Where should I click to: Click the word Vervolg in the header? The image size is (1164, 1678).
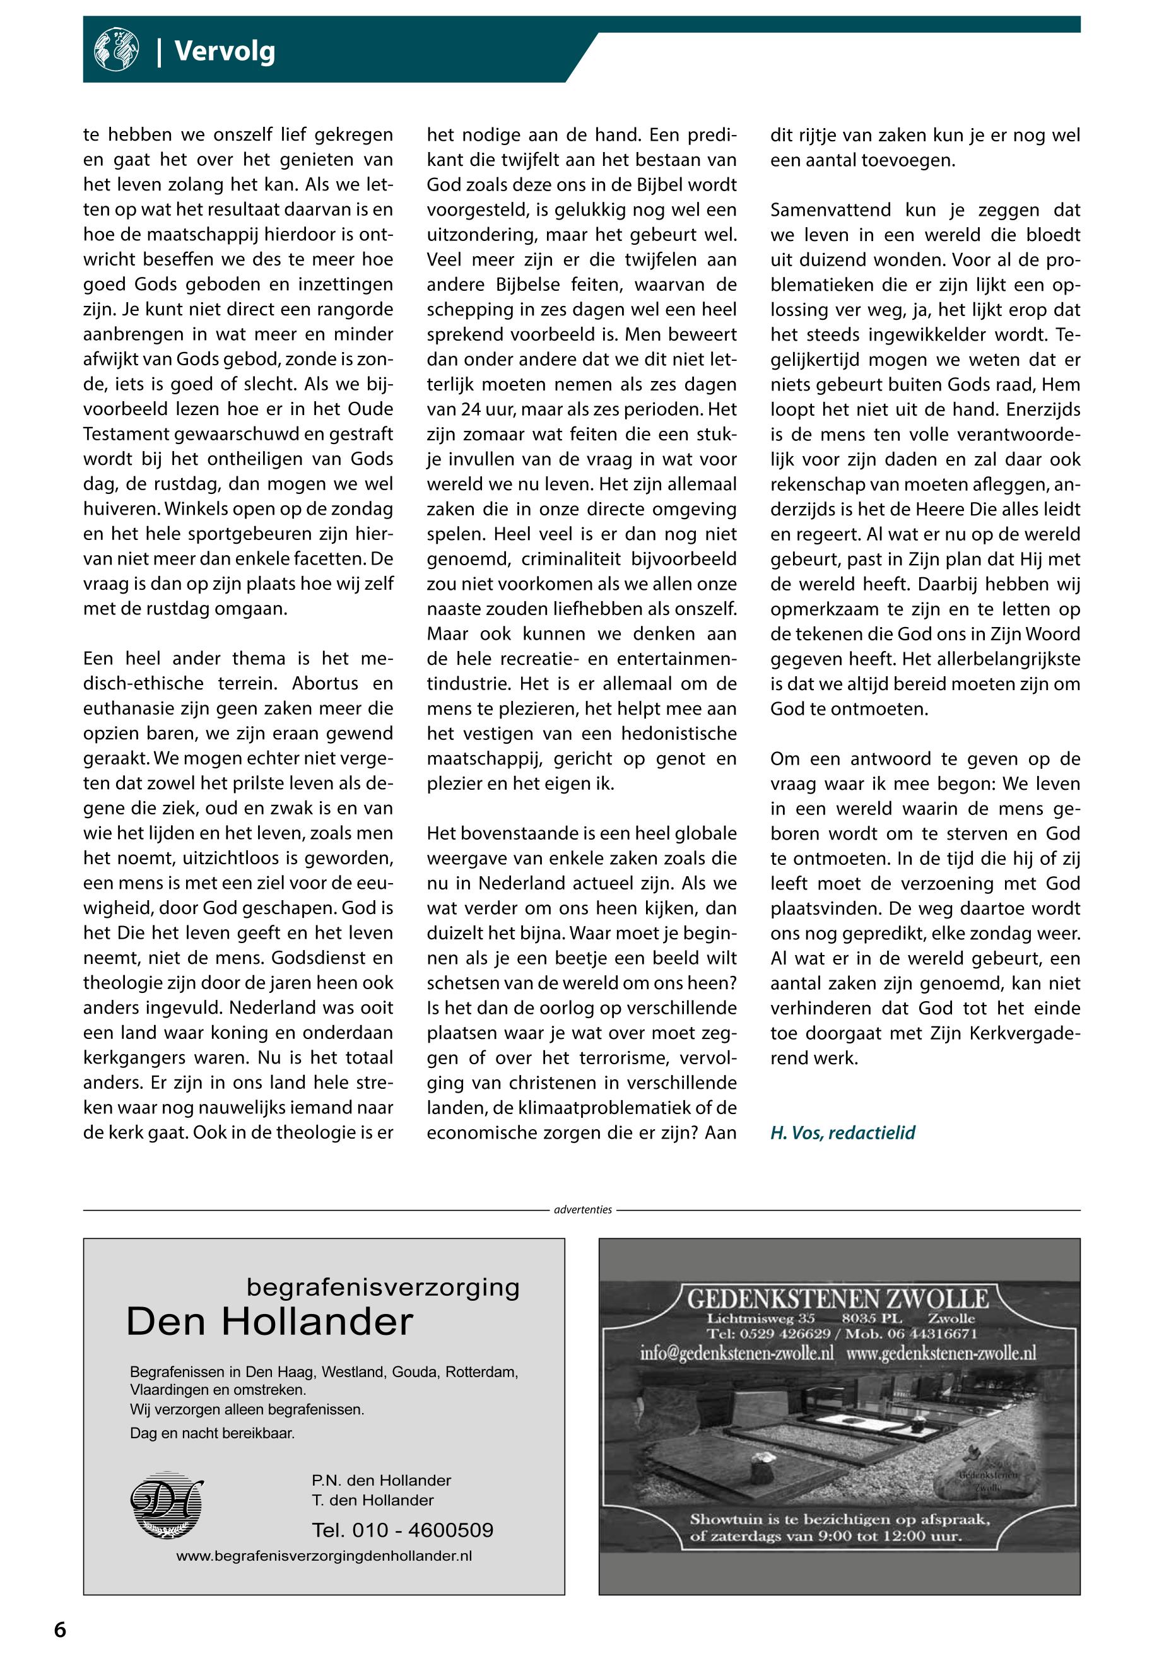(x=225, y=52)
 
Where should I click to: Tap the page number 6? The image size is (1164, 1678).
(x=60, y=1630)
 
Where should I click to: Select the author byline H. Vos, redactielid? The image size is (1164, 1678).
(x=842, y=1132)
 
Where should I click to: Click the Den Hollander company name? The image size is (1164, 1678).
(x=270, y=1322)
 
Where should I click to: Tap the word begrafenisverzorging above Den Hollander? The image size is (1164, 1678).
(x=383, y=1287)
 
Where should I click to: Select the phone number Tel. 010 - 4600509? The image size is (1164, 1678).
(x=403, y=1530)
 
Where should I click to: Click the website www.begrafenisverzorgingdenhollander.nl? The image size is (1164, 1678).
(x=324, y=1556)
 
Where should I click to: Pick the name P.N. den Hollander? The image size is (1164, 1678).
(x=380, y=1481)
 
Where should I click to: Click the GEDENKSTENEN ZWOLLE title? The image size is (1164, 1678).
(x=838, y=1299)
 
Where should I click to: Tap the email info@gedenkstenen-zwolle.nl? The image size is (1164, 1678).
(x=737, y=1354)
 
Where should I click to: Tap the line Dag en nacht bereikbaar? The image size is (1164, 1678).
(x=212, y=1433)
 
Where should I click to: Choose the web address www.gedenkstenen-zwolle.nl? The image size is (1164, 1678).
(x=941, y=1354)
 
